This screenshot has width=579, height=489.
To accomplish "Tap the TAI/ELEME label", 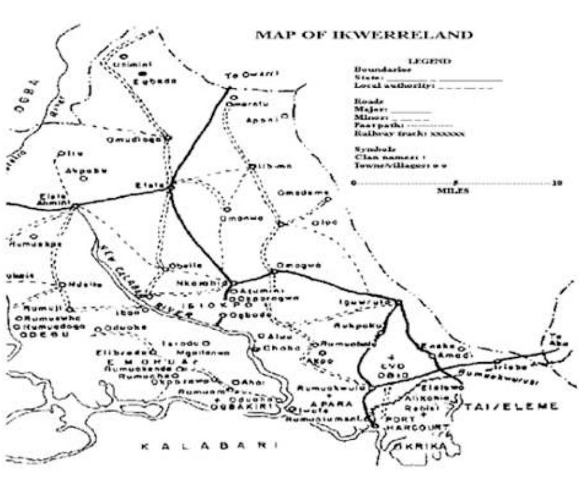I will click(x=511, y=406).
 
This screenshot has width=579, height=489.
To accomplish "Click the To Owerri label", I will click(x=252, y=76).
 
